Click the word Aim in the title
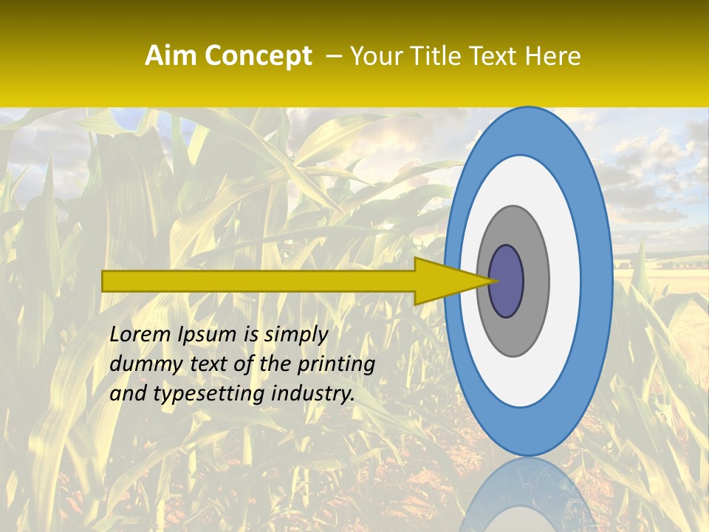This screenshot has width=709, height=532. (x=171, y=56)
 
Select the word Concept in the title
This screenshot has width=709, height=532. (x=258, y=56)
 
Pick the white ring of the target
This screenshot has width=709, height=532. (x=564, y=282)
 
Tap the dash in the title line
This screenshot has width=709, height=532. (x=333, y=56)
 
